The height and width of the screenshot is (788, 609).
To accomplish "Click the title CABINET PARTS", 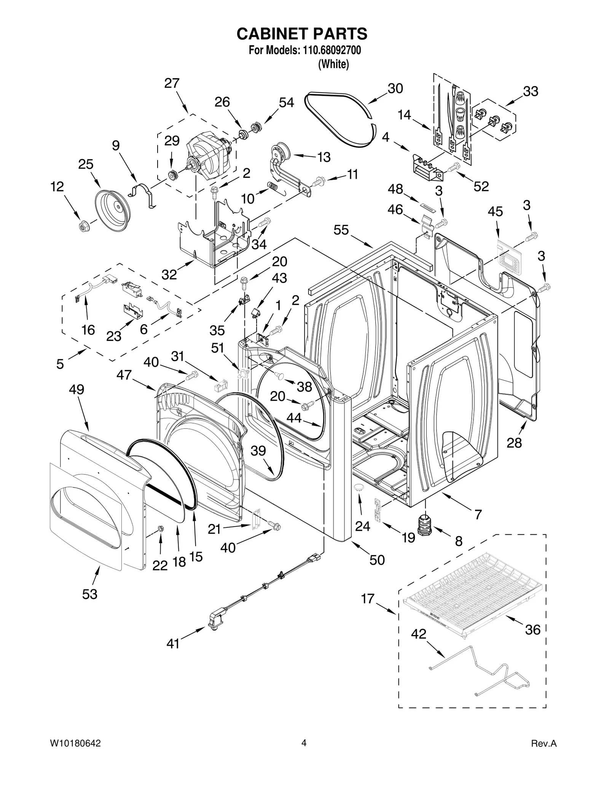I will point(302,34).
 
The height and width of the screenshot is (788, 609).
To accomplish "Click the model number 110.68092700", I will point(331,50).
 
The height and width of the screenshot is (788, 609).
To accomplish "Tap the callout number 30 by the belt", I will point(395,89).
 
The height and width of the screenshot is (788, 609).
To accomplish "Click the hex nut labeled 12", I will point(82,226).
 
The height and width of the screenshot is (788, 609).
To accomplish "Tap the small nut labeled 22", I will point(160,529).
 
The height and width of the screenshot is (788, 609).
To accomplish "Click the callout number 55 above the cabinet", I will point(341,230).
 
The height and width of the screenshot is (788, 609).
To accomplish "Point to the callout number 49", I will point(77,390).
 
